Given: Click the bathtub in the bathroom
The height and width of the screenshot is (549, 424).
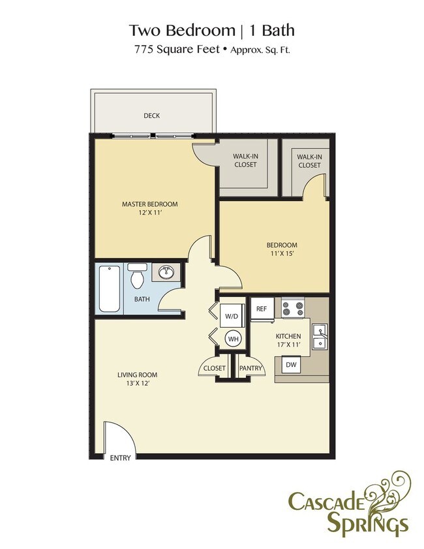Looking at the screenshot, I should pos(109,288).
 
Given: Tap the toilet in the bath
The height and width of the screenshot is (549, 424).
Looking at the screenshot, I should pos(137,277).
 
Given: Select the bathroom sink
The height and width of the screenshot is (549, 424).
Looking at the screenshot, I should pos(165,273).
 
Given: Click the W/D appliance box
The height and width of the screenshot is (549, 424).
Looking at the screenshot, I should pos(232,316).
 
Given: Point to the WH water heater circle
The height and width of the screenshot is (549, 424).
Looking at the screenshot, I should pos(233,338).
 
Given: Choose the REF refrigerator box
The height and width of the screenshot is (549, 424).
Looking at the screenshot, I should pos(261,309).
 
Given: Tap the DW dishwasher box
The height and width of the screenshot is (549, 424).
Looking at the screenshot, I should pos(292,365).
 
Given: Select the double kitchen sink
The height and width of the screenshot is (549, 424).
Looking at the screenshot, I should pos(320,336).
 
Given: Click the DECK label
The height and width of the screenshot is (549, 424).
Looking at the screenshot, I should pos(151,116).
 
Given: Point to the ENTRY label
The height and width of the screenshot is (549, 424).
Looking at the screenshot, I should pos(120,458).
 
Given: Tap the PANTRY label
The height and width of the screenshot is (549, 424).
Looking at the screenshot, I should pos(250,368).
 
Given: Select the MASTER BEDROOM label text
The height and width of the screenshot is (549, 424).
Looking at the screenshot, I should pos(149,204).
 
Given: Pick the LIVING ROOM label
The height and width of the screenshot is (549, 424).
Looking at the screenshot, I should pos(137,375).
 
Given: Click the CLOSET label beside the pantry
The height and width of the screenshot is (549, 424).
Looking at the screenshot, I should pos(214,368).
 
